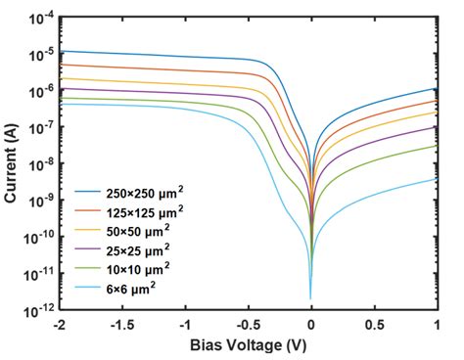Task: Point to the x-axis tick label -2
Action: point(60,324)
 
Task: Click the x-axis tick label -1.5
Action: point(122,324)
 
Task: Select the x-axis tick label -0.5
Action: point(248,324)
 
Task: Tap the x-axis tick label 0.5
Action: point(375,324)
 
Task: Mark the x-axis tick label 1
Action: point(437,324)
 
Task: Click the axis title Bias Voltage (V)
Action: point(249,344)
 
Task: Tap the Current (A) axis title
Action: point(11,163)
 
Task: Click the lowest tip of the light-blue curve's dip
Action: point(311,298)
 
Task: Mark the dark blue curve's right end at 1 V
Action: point(437,88)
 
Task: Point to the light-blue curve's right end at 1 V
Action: point(437,178)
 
